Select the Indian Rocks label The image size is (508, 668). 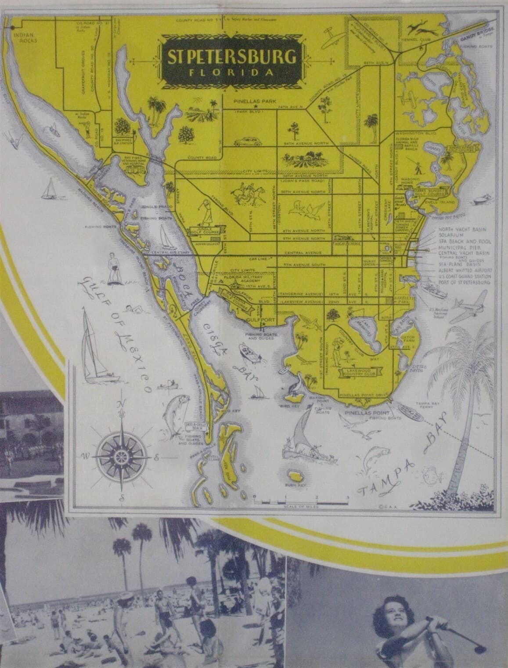click(x=25, y=36)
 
